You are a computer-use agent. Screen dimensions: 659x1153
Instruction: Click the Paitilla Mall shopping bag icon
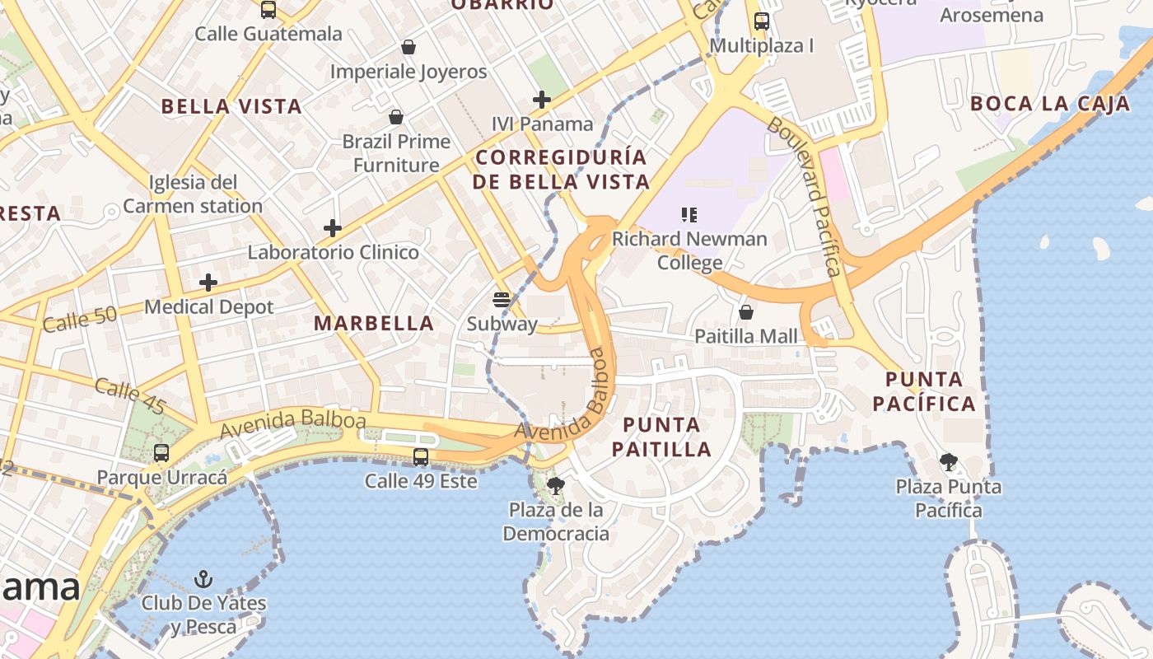coord(746,312)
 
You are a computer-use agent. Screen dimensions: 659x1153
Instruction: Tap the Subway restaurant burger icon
coord(502,299)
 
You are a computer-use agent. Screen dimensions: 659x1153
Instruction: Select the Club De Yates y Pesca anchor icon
coord(203,578)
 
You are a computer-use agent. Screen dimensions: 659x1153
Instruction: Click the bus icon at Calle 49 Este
coord(421,456)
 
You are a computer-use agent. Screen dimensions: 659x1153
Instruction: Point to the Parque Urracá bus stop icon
coord(161,452)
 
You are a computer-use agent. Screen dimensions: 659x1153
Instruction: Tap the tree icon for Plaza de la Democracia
coord(556,485)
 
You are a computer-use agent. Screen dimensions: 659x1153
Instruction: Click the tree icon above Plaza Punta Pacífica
coord(949,461)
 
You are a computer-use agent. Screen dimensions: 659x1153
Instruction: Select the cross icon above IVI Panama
coord(541,100)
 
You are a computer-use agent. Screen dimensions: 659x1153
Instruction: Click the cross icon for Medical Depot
coord(208,283)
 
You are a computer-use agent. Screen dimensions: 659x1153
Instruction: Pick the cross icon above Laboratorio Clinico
coord(333,228)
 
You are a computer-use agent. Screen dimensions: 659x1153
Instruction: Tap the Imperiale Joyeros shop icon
coord(408,48)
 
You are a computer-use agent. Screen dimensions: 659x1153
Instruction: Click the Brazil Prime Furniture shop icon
coord(396,117)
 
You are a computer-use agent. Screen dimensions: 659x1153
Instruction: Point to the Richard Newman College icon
coord(689,215)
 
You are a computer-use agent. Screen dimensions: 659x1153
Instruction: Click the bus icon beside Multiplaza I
coord(762,21)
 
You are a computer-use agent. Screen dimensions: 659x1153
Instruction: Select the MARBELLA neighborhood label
coord(374,324)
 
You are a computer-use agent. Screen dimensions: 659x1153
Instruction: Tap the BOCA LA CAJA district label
coord(1050,104)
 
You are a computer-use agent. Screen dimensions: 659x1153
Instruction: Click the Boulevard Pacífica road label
coord(805,197)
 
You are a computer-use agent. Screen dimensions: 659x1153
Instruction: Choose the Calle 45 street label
coord(130,396)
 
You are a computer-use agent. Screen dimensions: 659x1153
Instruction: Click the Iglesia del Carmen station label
coord(193,194)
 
